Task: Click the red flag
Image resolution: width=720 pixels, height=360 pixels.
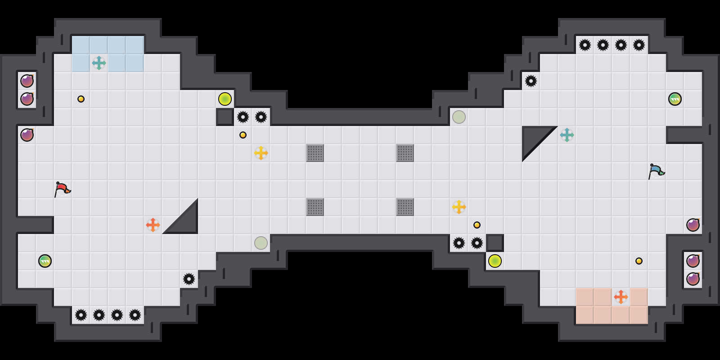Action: click(62, 189)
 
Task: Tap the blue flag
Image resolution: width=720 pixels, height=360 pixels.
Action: click(656, 171)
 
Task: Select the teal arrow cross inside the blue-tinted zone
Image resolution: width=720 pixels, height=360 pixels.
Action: click(99, 63)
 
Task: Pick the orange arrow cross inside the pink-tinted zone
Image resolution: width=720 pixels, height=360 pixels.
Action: click(621, 297)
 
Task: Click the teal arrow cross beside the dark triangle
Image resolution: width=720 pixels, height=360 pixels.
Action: click(567, 135)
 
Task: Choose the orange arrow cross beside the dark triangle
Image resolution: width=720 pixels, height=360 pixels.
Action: click(153, 225)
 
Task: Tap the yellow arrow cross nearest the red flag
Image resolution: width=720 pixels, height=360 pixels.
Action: click(261, 153)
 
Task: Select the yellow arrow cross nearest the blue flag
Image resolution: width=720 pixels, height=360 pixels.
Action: click(459, 207)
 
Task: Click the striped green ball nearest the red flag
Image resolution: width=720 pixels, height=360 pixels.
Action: click(45, 261)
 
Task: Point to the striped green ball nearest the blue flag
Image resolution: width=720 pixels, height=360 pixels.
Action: click(675, 99)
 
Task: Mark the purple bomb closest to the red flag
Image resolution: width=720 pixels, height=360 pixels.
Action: click(27, 135)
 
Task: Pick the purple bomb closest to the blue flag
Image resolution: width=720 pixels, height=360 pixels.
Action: click(693, 225)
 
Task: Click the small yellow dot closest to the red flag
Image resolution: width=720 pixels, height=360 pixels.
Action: click(81, 99)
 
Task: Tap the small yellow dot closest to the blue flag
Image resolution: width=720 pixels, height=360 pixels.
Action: click(639, 261)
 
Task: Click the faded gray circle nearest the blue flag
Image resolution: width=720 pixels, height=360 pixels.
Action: click(459, 117)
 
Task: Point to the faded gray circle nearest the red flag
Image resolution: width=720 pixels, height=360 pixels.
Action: click(261, 243)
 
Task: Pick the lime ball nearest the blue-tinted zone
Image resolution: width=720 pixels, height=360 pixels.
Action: click(225, 99)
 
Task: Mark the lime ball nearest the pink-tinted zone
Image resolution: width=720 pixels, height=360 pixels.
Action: click(495, 261)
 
